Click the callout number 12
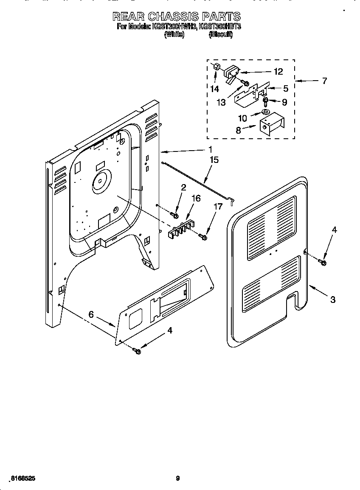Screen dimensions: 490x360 278,72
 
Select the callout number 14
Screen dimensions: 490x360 214,89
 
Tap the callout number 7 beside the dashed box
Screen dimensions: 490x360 324,81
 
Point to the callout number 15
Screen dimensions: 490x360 214,160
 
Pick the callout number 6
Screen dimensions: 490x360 91,314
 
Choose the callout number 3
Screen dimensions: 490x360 333,300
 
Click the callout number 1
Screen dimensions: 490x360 210,149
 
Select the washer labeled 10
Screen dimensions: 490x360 266,112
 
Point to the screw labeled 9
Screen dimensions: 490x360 266,101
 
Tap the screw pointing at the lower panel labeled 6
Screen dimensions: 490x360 137,350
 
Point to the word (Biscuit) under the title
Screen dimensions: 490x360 220,35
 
